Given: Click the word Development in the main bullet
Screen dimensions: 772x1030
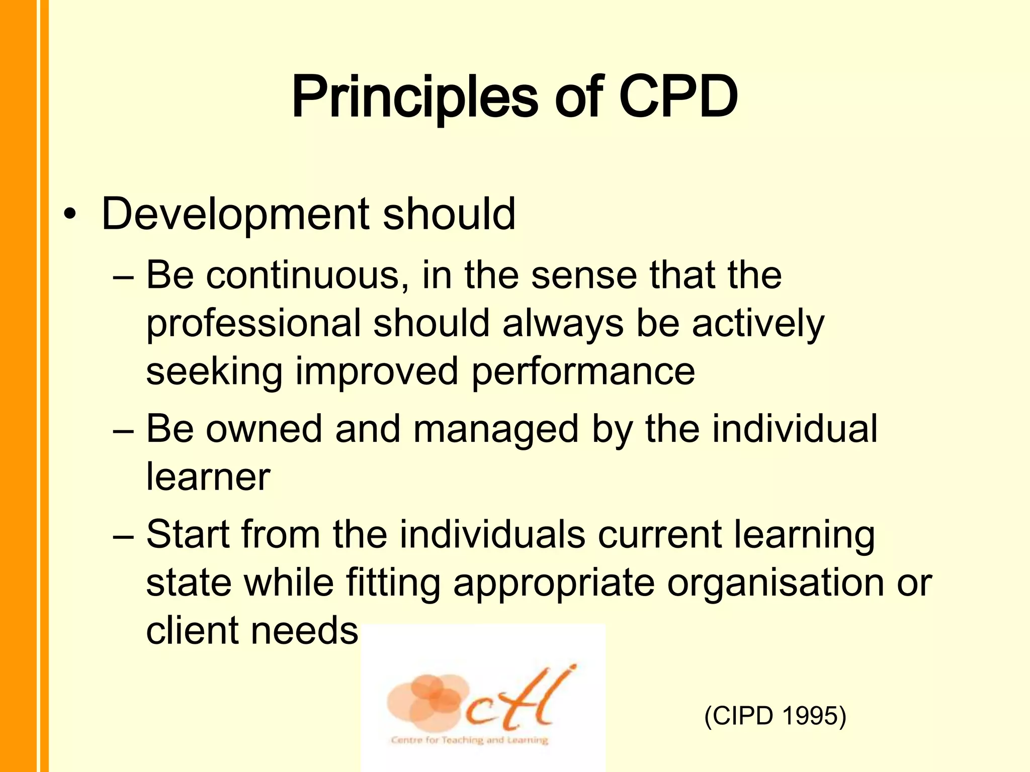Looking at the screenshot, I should coord(235,215).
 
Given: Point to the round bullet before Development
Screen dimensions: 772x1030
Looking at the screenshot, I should coord(71,216).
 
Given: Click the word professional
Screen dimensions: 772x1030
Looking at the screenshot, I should coord(253,324).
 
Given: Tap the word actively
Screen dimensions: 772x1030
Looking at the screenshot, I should coord(758,324).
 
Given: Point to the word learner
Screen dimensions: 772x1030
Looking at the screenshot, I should coord(208,477).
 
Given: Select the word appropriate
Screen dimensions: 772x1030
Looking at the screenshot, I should coord(554,585).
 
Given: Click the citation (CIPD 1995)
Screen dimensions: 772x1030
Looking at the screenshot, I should coord(775,716).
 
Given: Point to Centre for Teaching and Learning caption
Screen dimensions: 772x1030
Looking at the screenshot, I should coord(469,740).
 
